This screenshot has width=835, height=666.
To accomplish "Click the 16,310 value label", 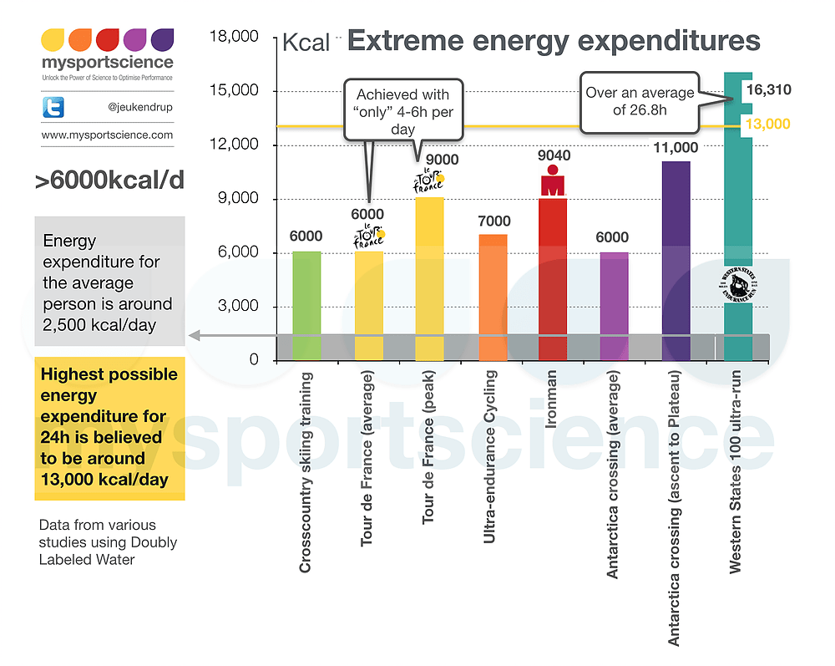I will pyautogui.click(x=769, y=90).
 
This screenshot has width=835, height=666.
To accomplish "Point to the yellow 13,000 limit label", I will pyautogui.click(x=767, y=125).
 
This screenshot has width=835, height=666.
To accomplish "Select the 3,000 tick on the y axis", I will pyautogui.click(x=239, y=307).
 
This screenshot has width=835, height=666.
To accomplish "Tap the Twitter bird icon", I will pyautogui.click(x=53, y=107).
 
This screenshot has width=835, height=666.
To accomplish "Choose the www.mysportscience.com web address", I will pyautogui.click(x=107, y=135).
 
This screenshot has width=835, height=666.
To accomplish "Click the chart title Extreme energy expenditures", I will pyautogui.click(x=554, y=40).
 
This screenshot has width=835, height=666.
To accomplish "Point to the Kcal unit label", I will pyautogui.click(x=306, y=43).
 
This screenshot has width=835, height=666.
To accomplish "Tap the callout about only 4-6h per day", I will pyautogui.click(x=402, y=112).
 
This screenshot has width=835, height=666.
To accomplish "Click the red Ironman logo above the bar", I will pyautogui.click(x=551, y=180).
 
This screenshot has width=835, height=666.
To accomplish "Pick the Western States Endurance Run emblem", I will pyautogui.click(x=737, y=285).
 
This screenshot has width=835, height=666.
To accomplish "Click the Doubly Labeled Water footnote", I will pyautogui.click(x=108, y=542).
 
